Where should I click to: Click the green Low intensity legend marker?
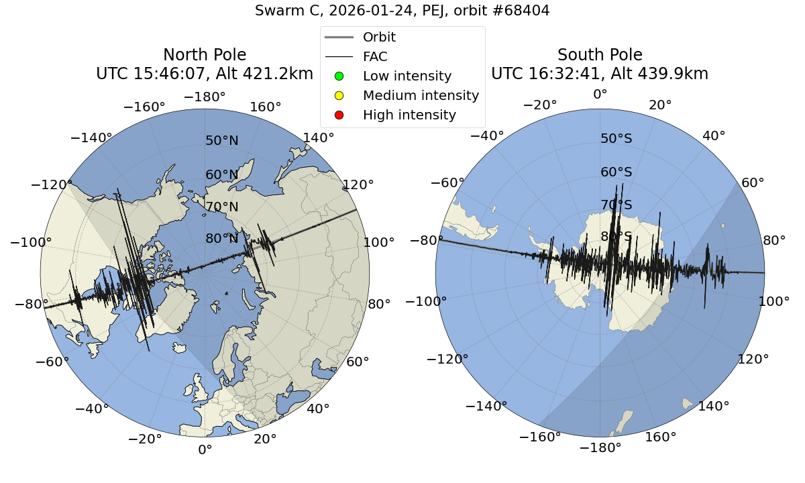[339, 76]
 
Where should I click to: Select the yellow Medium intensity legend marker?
[339, 96]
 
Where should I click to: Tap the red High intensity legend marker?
[339, 115]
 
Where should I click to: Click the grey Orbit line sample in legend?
[339, 38]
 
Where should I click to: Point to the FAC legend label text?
[375, 57]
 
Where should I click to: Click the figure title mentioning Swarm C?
[402, 11]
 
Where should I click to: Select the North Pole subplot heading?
[205, 55]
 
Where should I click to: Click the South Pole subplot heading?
[600, 55]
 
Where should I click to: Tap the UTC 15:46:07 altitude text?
[205, 74]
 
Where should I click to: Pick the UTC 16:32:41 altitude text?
[600, 74]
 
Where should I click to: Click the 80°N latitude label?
[222, 239]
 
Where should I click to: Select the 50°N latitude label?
[222, 141]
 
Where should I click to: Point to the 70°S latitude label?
[616, 205]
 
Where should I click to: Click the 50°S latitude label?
[616, 138]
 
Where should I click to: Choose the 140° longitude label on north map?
[319, 138]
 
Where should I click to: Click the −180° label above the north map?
[205, 97]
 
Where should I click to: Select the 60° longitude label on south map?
[755, 184]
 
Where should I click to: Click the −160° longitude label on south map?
[541, 437]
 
